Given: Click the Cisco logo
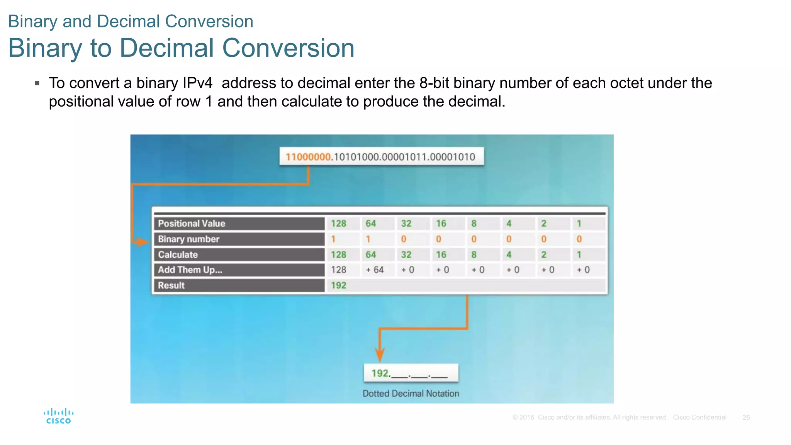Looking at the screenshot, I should coord(58,416).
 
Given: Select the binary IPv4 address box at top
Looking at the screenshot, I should coord(381,157).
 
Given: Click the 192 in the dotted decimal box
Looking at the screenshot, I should coord(380,373).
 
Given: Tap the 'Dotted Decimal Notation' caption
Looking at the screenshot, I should coord(411,394).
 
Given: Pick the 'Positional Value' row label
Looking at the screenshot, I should coord(192,224).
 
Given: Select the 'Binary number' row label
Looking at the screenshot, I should coord(188,239).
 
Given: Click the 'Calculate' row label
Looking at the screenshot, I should coord(178,255).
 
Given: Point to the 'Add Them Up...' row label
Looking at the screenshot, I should coord(190,270).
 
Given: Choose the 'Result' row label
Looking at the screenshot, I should coord(171,285).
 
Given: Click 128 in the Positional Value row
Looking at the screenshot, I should coord(338,224).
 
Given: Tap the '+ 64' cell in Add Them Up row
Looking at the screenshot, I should coord(375,270).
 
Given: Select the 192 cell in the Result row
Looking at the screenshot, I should coord(338,285).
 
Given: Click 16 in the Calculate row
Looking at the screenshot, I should coord(441,255).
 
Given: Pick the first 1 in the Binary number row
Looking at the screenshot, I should coord(333,239).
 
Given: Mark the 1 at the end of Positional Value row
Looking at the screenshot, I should coord(579,224).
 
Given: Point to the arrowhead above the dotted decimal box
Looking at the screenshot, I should coord(380,355).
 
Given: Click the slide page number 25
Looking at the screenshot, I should coord(746,418).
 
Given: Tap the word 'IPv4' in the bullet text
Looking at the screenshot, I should coord(197,83).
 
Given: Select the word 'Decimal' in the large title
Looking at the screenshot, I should coord(166,48).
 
